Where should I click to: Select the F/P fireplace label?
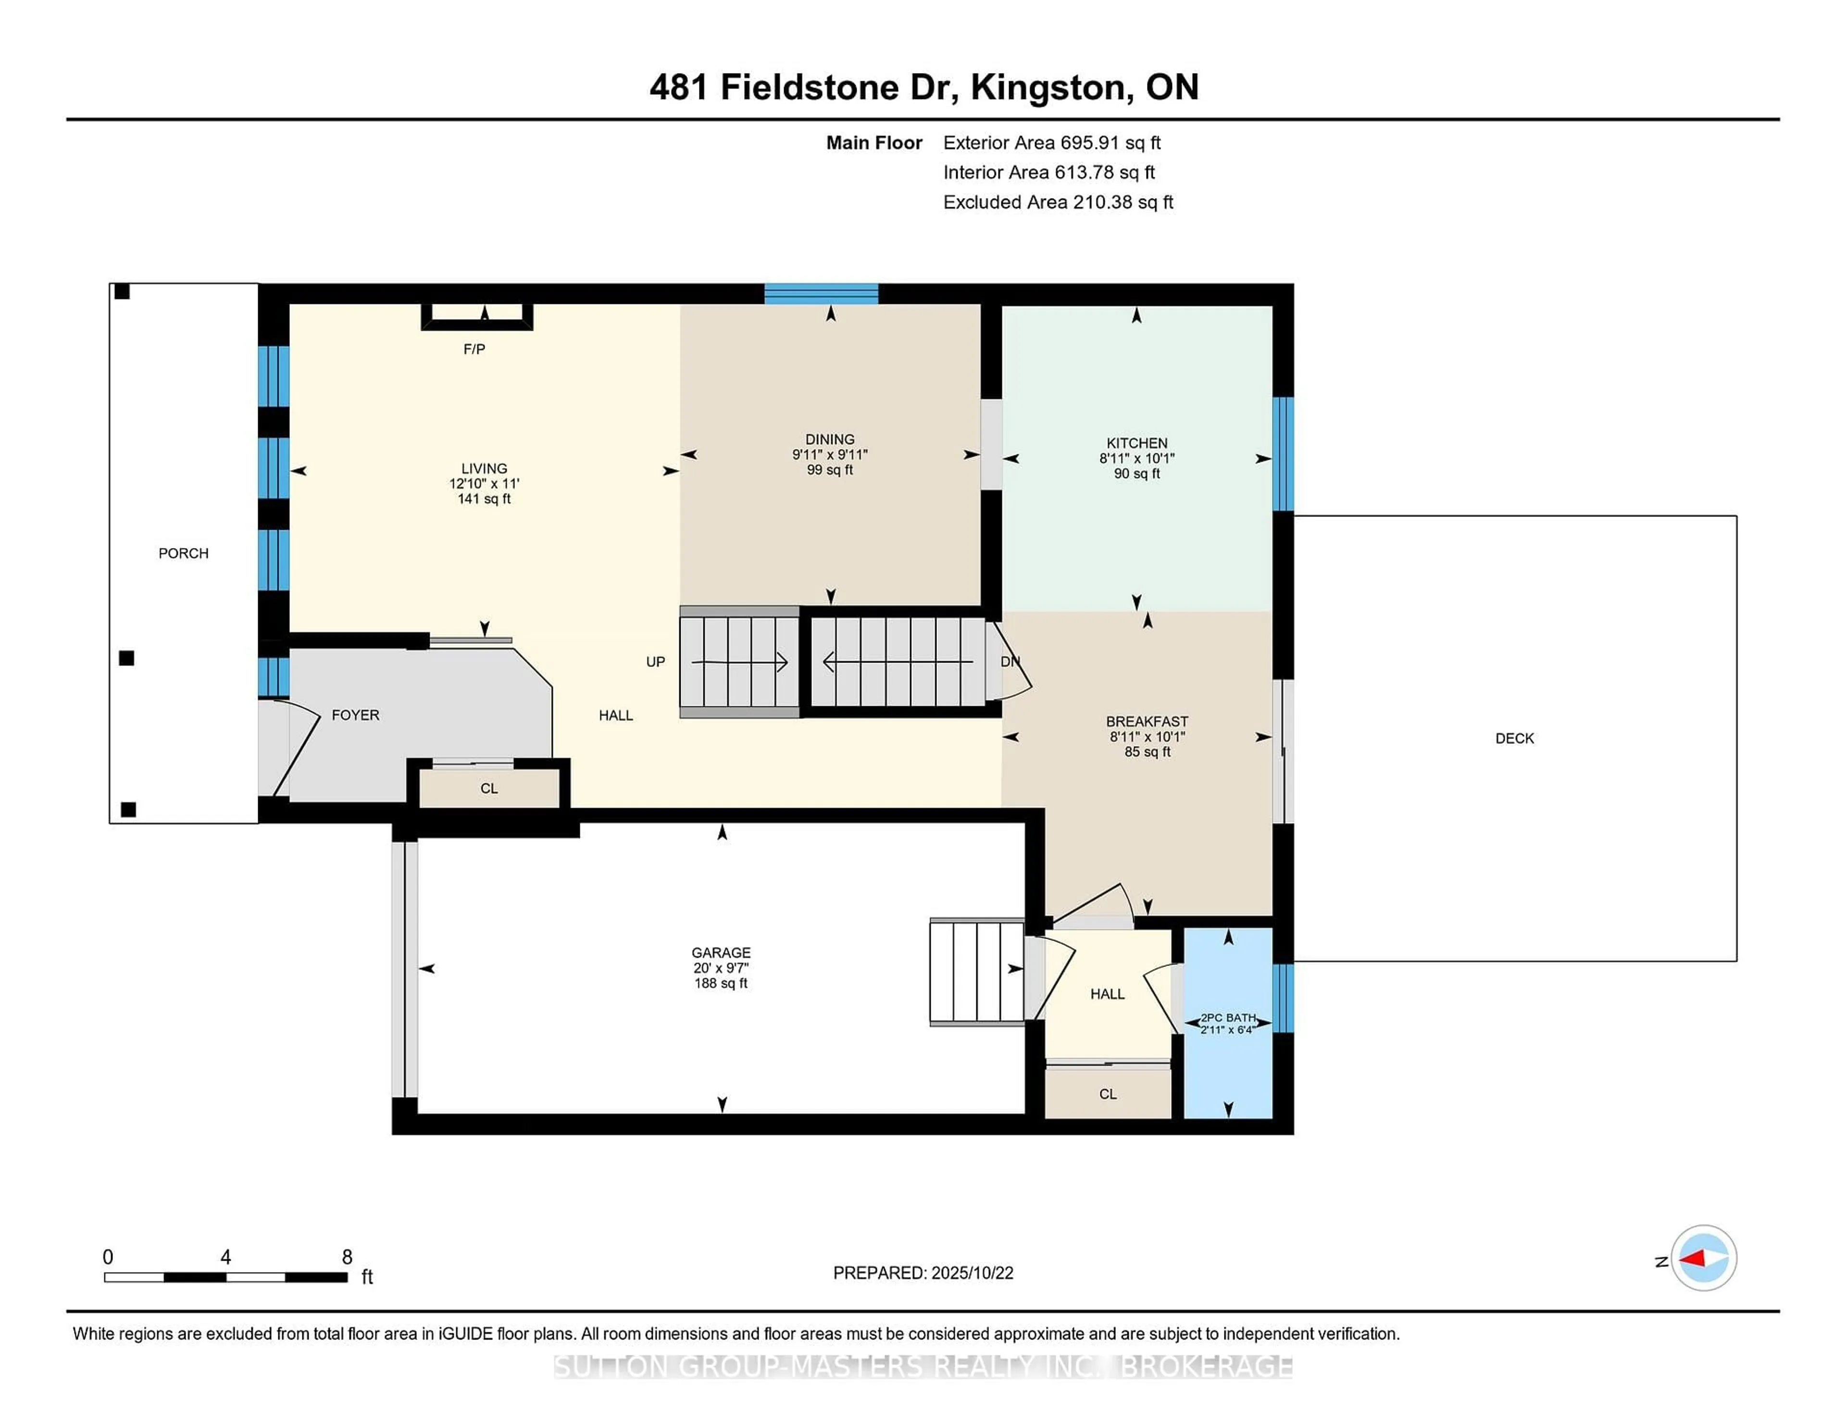pyautogui.click(x=474, y=349)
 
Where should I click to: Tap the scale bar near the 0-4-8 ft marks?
pyautogui.click(x=225, y=1277)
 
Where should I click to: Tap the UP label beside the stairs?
pyautogui.click(x=655, y=662)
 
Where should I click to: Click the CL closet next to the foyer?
pyautogui.click(x=488, y=789)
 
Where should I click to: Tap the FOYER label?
pyautogui.click(x=355, y=715)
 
